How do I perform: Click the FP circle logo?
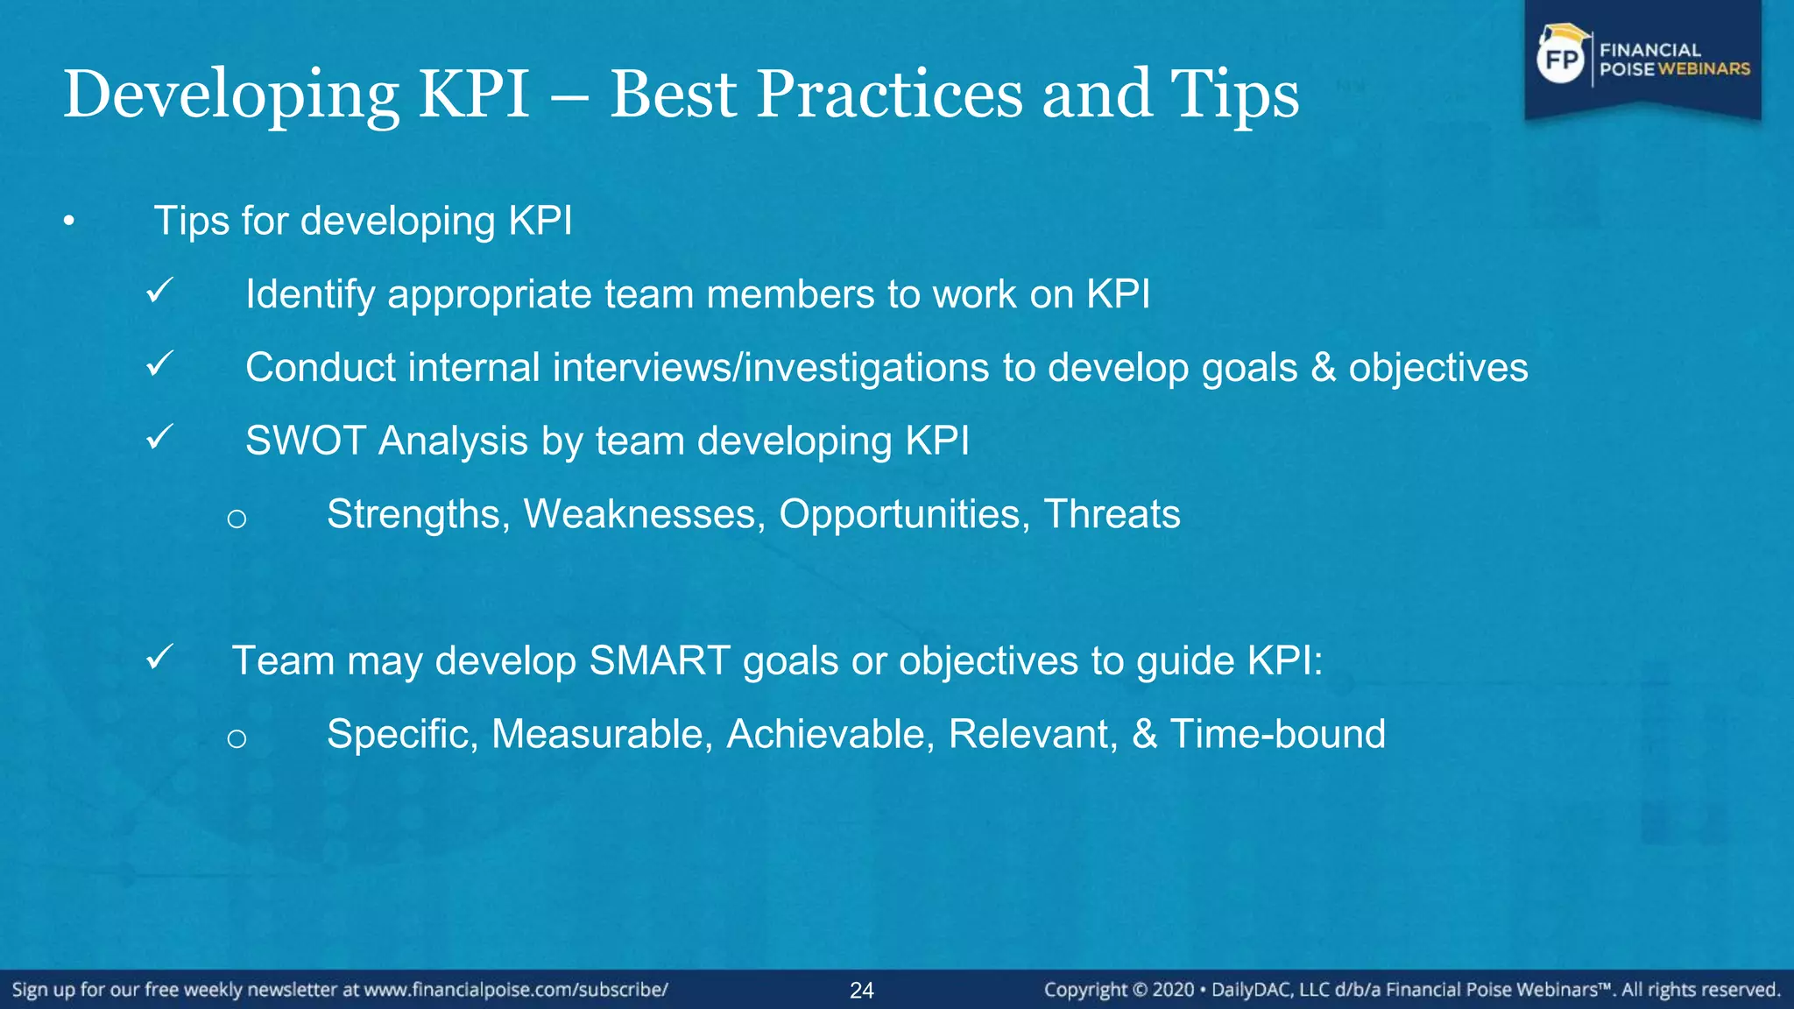click(1561, 60)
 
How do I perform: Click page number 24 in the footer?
click(862, 991)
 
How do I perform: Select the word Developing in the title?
click(231, 95)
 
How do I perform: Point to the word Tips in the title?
click(1235, 95)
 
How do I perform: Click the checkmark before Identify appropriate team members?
click(159, 291)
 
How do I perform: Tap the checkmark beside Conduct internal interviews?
click(159, 364)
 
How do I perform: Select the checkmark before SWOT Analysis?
click(159, 437)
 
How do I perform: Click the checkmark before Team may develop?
click(159, 657)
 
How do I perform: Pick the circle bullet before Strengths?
click(237, 519)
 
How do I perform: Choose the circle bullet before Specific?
click(237, 739)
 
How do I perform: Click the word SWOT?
click(305, 441)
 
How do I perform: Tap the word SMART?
click(660, 660)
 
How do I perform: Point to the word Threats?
click(1112, 514)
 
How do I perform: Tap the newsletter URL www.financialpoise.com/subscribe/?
click(516, 991)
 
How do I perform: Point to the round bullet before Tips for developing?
click(69, 222)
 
